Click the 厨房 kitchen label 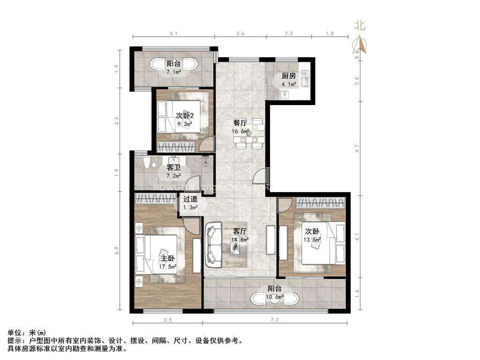coord(289,76)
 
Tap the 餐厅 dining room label coord(240,123)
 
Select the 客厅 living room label coord(240,231)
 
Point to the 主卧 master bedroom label coord(168,259)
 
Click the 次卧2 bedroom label coord(185,115)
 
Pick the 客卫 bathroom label coord(174,167)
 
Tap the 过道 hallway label coord(190,199)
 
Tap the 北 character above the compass coord(360,26)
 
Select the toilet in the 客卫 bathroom coord(147,163)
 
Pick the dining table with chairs coord(248,133)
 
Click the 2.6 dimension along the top coord(240,33)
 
